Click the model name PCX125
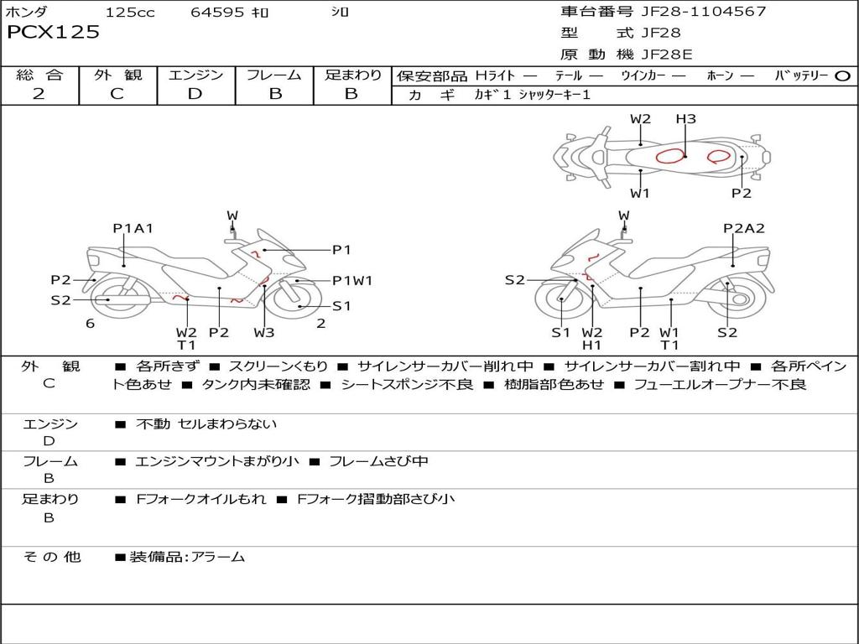(x=53, y=32)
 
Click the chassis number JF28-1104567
(x=704, y=11)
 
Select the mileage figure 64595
(x=217, y=12)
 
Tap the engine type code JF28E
(x=667, y=55)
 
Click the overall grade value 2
(x=39, y=94)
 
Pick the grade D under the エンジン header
(x=195, y=94)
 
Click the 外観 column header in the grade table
(x=117, y=75)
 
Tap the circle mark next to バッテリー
(x=842, y=76)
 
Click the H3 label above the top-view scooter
(x=685, y=119)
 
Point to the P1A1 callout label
(x=133, y=228)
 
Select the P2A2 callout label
(x=743, y=228)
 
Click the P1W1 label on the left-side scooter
(x=352, y=280)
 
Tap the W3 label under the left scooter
(x=264, y=332)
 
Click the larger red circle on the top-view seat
(x=670, y=157)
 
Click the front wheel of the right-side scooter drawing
(x=562, y=299)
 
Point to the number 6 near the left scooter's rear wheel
(x=91, y=324)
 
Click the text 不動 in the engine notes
(x=153, y=423)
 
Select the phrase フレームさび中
(x=378, y=461)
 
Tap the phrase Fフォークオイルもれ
(x=200, y=499)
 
